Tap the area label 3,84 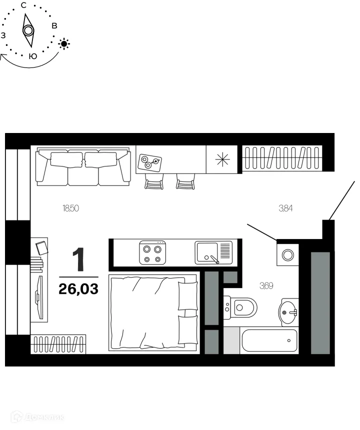[x=285, y=208]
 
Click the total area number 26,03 [x=78, y=288]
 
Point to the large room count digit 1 [x=78, y=259]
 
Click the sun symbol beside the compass [x=64, y=44]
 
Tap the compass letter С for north [x=23, y=5]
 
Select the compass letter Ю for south [x=32, y=56]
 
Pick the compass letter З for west [x=3, y=35]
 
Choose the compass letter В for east [x=54, y=25]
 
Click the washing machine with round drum [x=288, y=255]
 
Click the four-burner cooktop [x=152, y=253]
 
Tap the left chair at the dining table [x=153, y=181]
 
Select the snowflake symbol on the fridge [x=221, y=158]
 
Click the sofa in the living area [x=82, y=166]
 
